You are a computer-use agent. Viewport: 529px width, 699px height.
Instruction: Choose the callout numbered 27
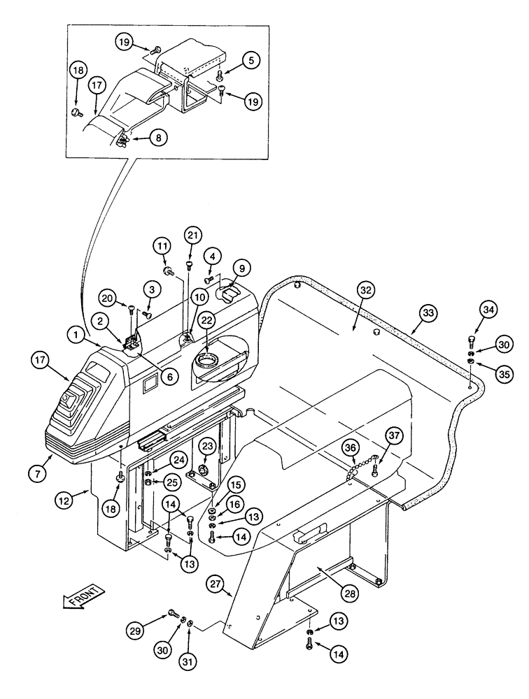(x=216, y=585)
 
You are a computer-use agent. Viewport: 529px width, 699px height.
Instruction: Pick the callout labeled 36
(x=350, y=448)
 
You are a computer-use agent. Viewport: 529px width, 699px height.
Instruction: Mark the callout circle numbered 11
(x=162, y=246)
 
